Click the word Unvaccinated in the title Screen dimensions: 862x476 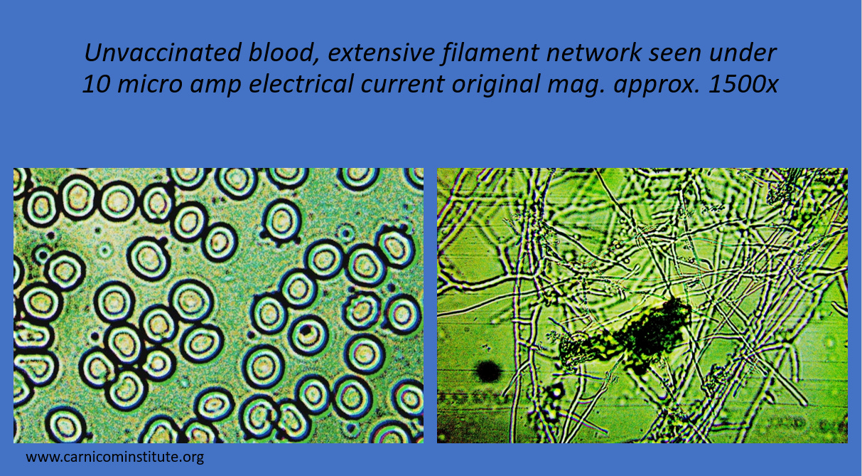[163, 53]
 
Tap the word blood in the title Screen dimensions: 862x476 [284, 53]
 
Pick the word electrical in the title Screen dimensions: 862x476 [301, 83]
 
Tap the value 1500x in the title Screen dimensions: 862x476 [743, 84]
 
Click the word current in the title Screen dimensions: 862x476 [402, 85]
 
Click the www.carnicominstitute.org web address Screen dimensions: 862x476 [114, 457]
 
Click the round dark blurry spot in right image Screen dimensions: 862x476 [489, 371]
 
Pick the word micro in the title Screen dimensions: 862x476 [150, 84]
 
